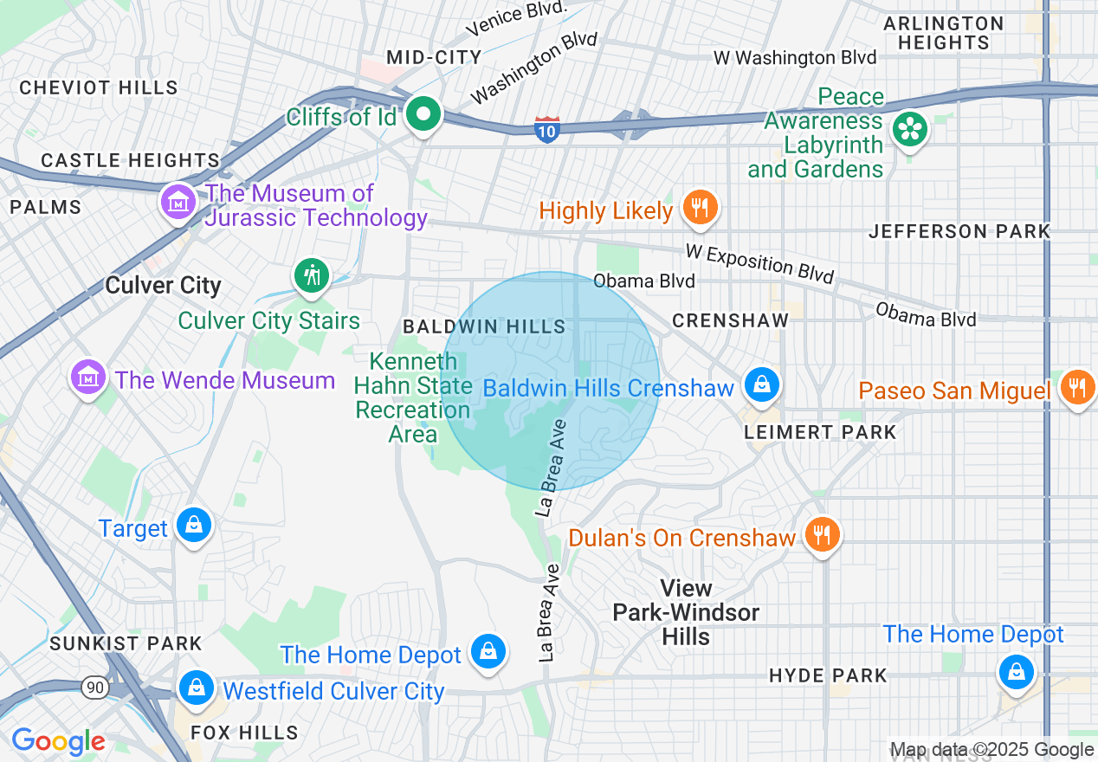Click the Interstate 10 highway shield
click(x=547, y=130)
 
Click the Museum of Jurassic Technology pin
click(x=178, y=203)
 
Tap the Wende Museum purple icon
click(x=87, y=378)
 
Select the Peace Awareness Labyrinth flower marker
click(x=909, y=131)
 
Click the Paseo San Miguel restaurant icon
click(x=1076, y=387)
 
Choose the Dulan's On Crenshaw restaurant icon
click(x=819, y=534)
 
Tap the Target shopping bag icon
click(x=194, y=525)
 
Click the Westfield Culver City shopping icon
click(x=197, y=688)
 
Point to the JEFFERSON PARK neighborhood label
click(x=959, y=231)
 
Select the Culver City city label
click(x=163, y=286)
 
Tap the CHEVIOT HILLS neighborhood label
click(x=99, y=87)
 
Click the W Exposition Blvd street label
click(x=759, y=262)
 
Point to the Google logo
click(x=58, y=741)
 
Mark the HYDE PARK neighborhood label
click(x=828, y=675)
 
